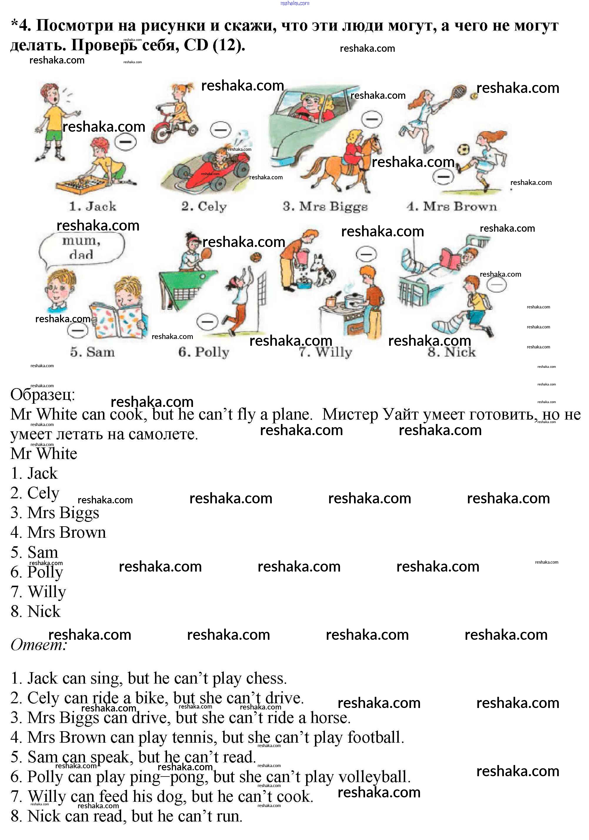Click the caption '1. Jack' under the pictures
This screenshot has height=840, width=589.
click(x=93, y=206)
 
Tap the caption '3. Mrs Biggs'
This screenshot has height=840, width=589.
click(x=325, y=207)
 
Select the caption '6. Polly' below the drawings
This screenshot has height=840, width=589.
click(x=204, y=352)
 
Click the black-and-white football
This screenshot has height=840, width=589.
click(x=463, y=150)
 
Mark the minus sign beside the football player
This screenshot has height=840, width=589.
click(x=443, y=177)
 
